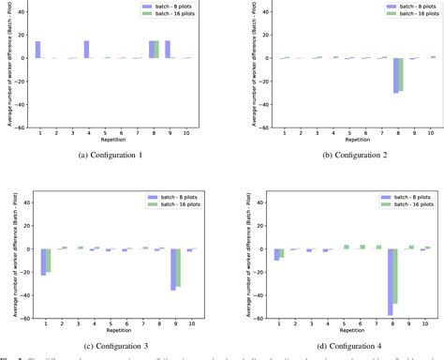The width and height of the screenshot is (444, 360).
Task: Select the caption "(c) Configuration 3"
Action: tap(111, 347)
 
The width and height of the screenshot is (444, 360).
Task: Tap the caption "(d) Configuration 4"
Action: tap(333, 347)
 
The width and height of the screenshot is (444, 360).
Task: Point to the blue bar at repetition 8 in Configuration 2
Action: tap(370, 75)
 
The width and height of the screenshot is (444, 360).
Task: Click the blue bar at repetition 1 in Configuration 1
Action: tap(37, 50)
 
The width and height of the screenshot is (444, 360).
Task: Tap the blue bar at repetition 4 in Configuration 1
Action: tap(85, 50)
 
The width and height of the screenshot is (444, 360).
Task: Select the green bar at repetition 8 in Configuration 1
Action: tap(157, 50)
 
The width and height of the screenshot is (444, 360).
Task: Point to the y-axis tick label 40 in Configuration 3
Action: tap(25, 202)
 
